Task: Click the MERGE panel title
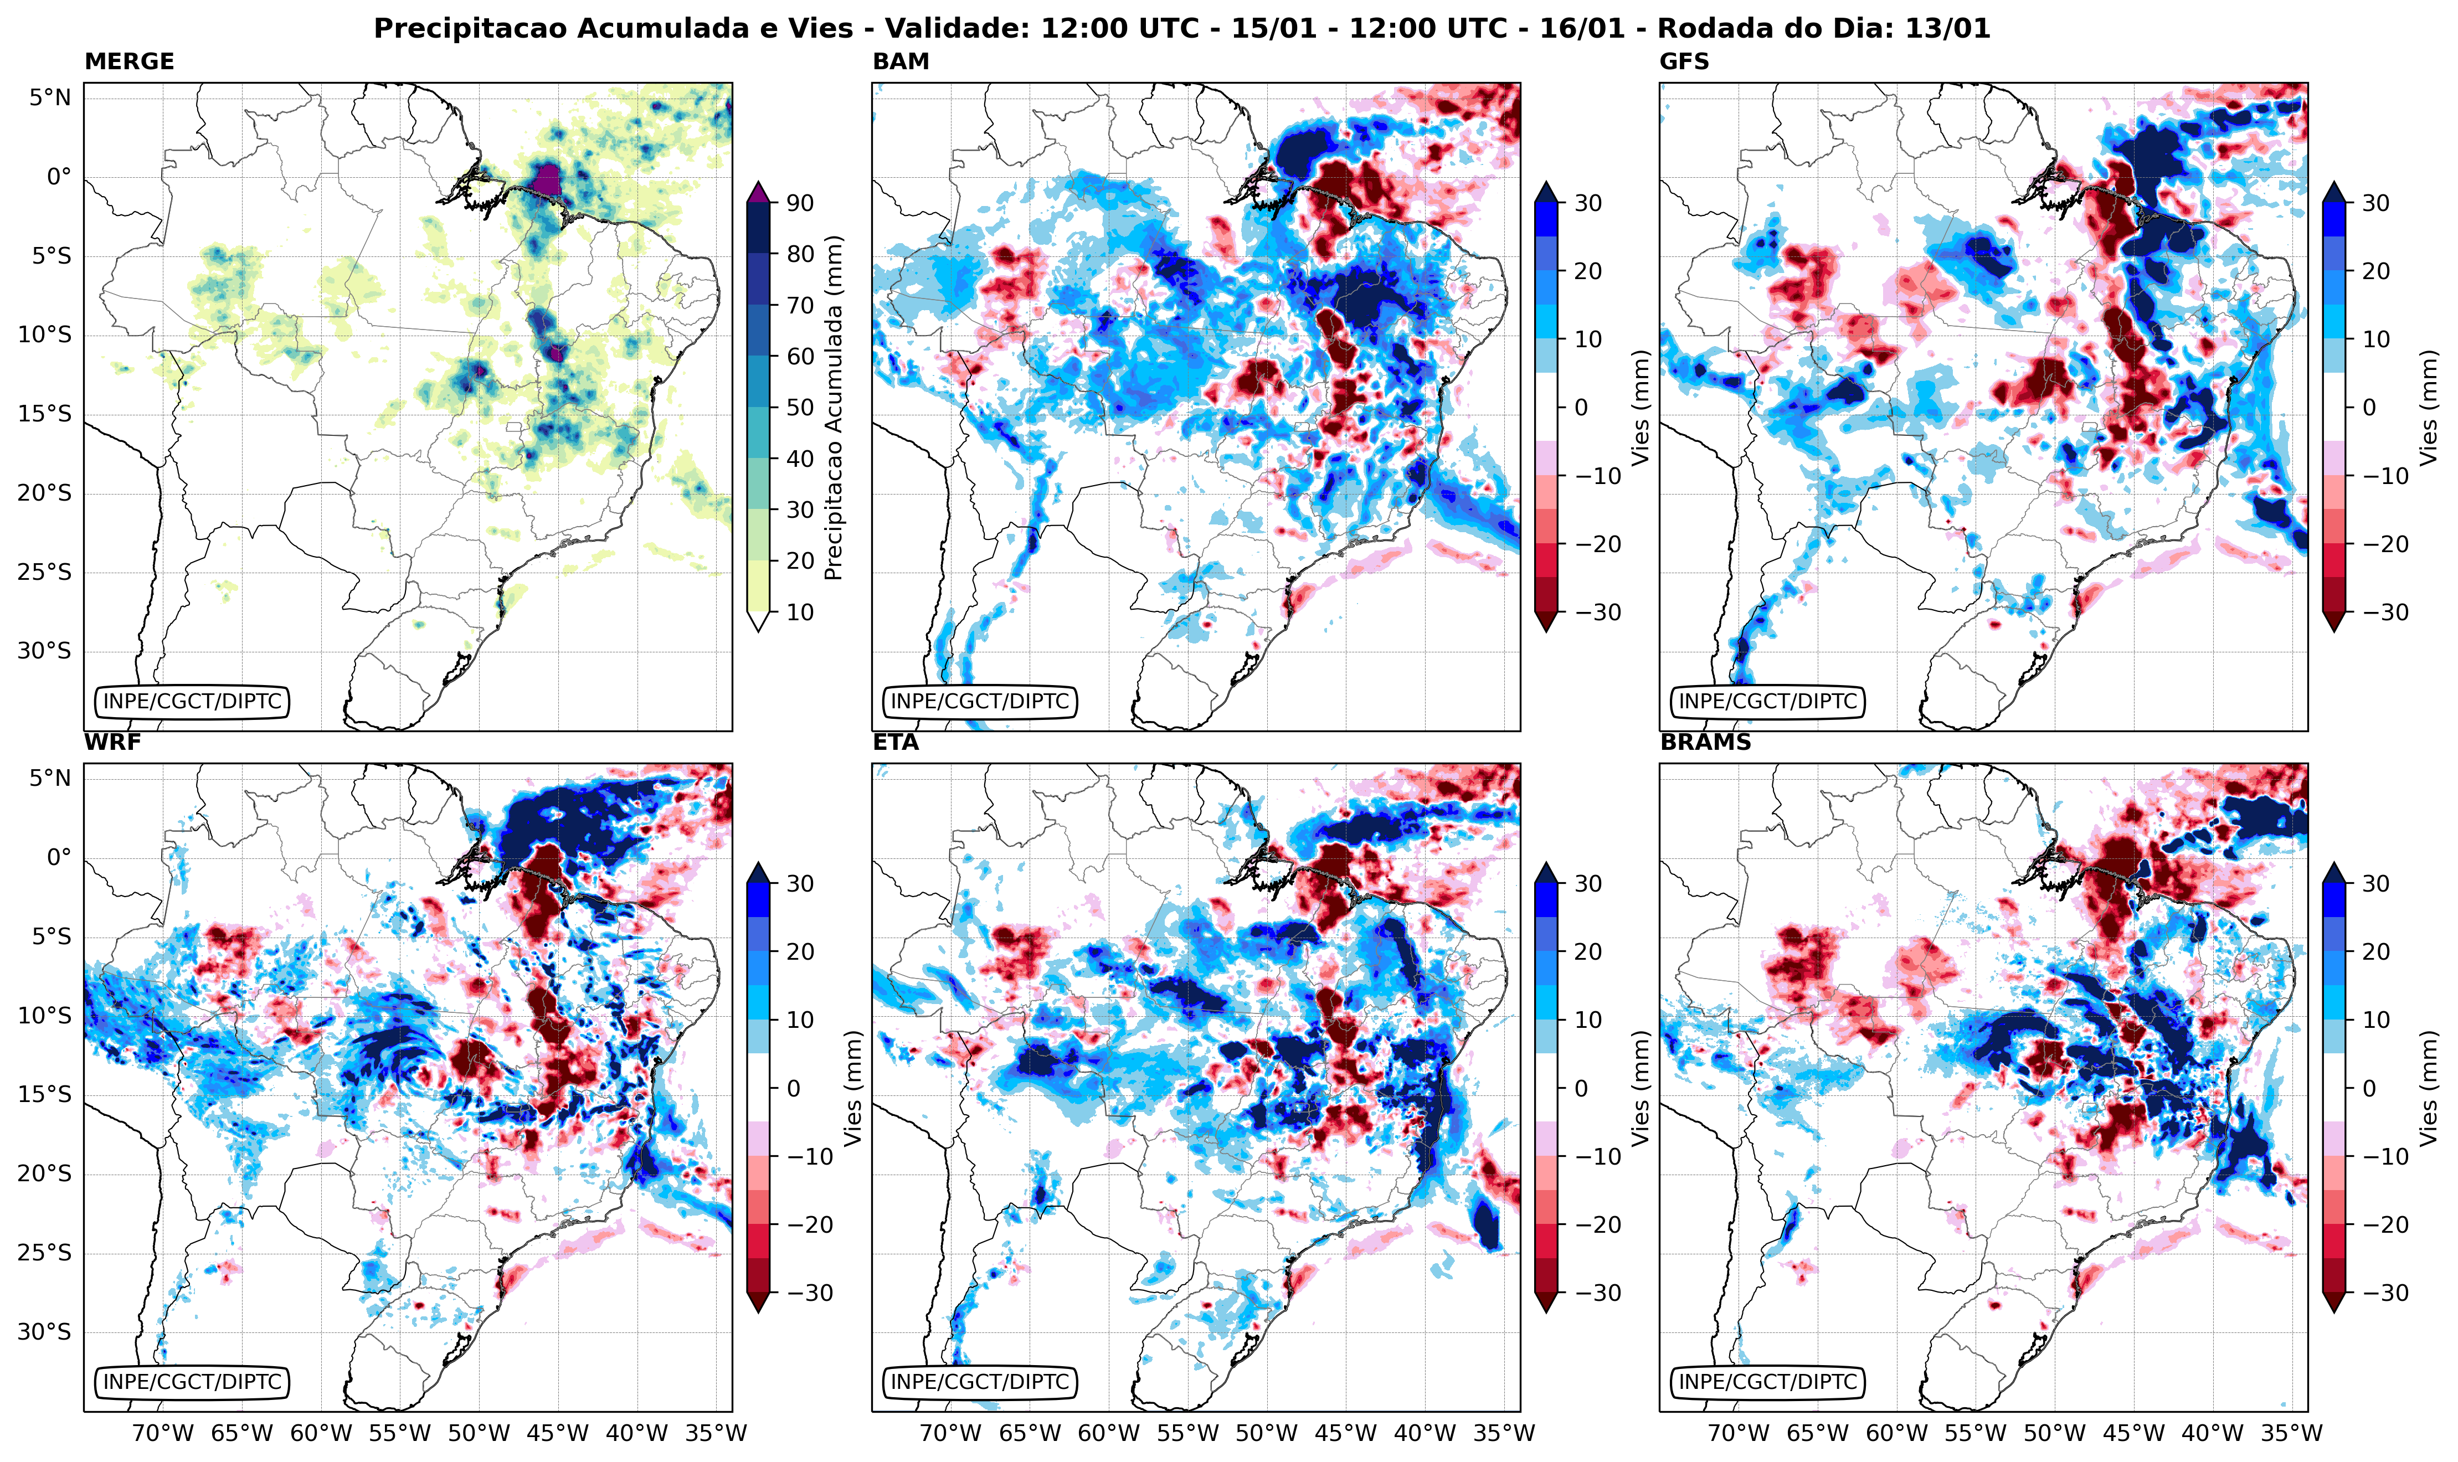(129, 61)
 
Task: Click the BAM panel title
(901, 61)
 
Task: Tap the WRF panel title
(112, 743)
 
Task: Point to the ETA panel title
(896, 743)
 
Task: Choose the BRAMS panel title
(1705, 743)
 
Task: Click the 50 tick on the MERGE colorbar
(799, 408)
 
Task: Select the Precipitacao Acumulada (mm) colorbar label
(834, 408)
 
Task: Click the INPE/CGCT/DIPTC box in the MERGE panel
(192, 702)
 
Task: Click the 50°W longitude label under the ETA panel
(1267, 1433)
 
